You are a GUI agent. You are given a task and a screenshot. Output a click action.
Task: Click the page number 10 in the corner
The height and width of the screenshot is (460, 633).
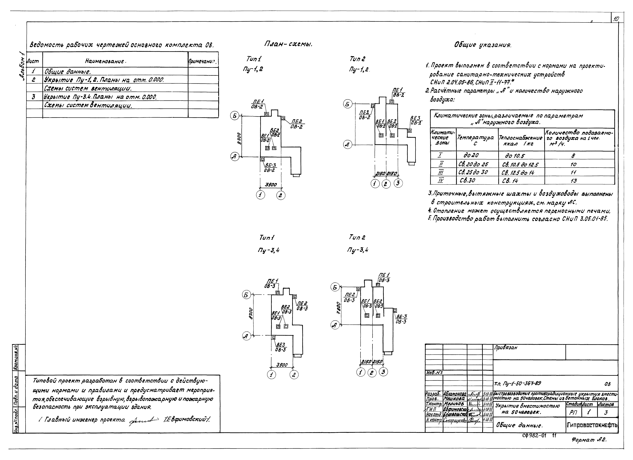pos(616,19)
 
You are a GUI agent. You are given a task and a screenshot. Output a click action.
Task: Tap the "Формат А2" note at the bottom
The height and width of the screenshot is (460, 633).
pos(589,440)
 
